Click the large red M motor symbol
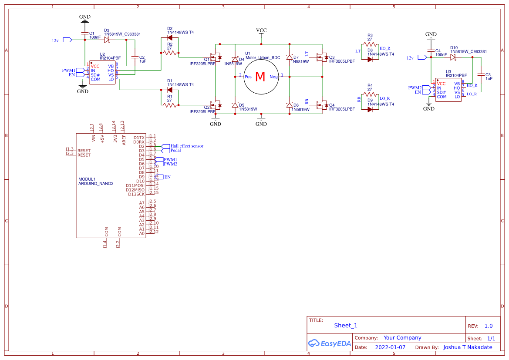[x=260, y=77]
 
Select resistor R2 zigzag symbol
[x=170, y=53]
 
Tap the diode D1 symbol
[x=170, y=90]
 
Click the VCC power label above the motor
[x=261, y=30]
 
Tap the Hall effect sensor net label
[x=186, y=146]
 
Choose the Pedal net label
[x=175, y=150]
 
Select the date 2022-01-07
[x=390, y=347]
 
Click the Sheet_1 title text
[x=346, y=325]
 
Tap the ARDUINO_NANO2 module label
[x=95, y=184]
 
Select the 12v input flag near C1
[x=67, y=40]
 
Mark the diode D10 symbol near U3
[x=454, y=56]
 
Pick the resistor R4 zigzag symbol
[x=370, y=94]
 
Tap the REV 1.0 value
[x=489, y=326]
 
